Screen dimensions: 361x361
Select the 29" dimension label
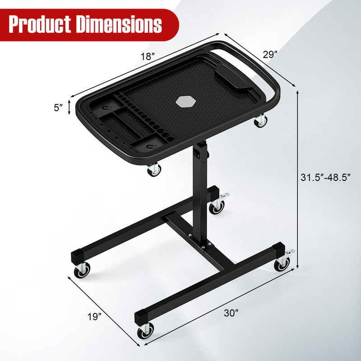click(270, 55)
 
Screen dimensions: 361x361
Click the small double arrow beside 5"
click(69, 107)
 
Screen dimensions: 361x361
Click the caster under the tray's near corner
click(153, 170)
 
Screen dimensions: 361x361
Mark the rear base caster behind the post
click(218, 206)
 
